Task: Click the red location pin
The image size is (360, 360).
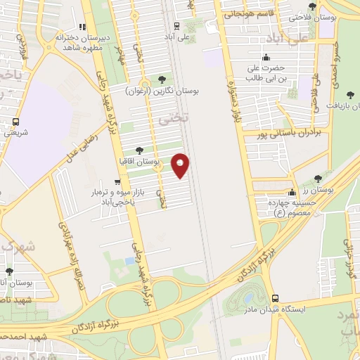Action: coord(181,165)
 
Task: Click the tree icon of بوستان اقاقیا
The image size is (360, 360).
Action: coord(139,150)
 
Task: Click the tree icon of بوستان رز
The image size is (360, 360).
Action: coord(319,179)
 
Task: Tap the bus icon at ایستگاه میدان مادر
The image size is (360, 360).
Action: coord(274,297)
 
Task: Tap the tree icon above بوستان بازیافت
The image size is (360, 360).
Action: coord(349,91)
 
